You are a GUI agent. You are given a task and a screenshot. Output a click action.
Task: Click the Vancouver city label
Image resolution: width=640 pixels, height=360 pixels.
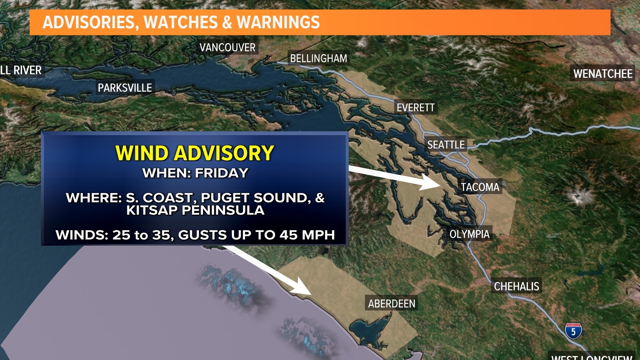pyautogui.click(x=227, y=48)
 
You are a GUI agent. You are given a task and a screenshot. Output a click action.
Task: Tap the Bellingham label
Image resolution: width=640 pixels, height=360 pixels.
pyautogui.click(x=318, y=59)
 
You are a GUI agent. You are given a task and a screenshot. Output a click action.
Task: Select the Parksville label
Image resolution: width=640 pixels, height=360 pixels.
pyautogui.click(x=125, y=88)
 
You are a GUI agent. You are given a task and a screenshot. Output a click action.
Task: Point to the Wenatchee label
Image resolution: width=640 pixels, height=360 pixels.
pyautogui.click(x=603, y=74)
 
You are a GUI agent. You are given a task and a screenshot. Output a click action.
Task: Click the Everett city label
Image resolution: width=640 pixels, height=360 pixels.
pyautogui.click(x=415, y=108)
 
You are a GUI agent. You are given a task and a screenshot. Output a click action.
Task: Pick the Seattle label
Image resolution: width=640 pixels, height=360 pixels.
pyautogui.click(x=446, y=145)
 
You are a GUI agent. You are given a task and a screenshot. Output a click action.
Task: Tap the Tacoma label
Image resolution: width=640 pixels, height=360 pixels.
pyautogui.click(x=480, y=187)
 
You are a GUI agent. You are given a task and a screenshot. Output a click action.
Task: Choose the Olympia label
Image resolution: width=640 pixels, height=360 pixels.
pyautogui.click(x=469, y=234)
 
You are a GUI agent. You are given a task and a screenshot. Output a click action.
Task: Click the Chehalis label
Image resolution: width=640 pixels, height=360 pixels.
pyautogui.click(x=516, y=286)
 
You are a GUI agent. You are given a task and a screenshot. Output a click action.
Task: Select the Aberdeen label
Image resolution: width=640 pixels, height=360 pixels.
pyautogui.click(x=391, y=304)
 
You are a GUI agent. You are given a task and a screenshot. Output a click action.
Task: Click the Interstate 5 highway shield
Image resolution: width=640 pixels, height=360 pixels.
pyautogui.click(x=573, y=331)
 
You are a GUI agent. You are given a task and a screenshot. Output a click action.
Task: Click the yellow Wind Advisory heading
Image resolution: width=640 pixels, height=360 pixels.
pyautogui.click(x=195, y=153)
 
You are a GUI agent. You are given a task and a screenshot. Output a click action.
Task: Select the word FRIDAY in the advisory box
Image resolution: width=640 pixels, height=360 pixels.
pyautogui.click(x=221, y=173)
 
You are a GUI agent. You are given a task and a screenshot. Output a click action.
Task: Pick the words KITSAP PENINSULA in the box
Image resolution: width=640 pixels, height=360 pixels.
pyautogui.click(x=195, y=210)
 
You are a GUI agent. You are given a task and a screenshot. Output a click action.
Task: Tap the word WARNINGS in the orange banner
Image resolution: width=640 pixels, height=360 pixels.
pyautogui.click(x=278, y=22)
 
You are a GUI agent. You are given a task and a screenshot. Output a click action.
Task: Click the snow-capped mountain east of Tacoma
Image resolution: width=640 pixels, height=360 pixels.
pyautogui.click(x=577, y=196)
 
